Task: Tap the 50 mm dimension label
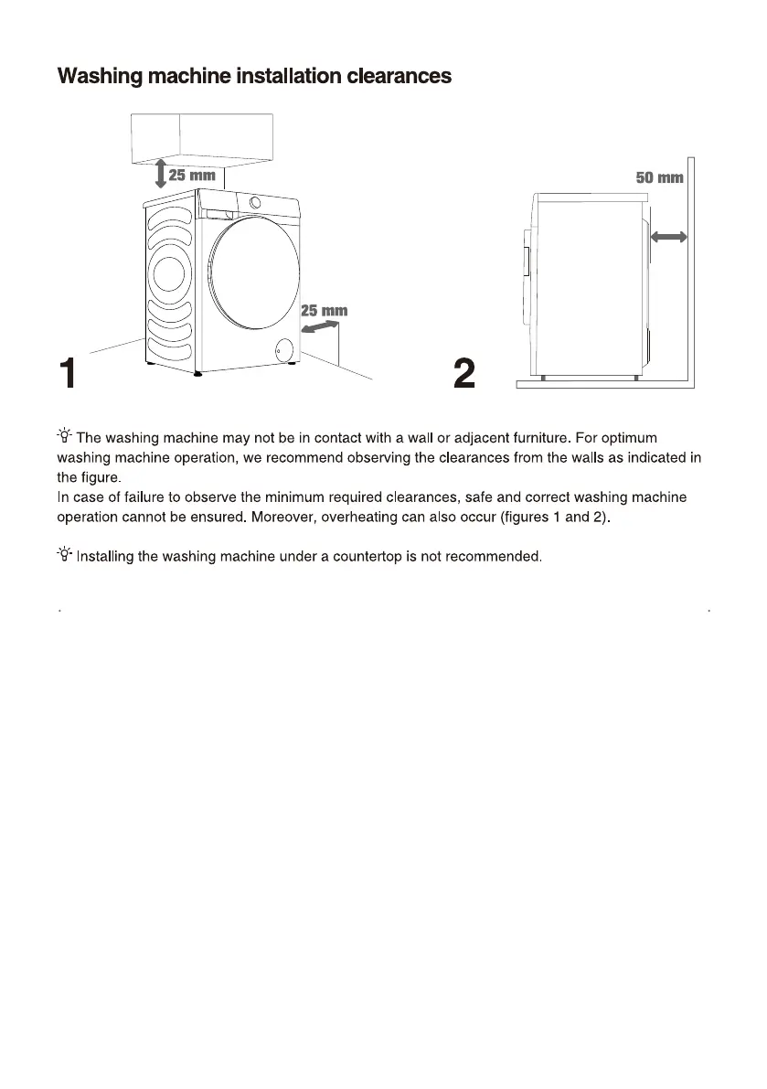pos(660,177)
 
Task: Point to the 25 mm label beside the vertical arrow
pos(192,175)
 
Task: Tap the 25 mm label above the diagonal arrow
pos(325,310)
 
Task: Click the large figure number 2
pos(464,374)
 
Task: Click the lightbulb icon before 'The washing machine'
pos(65,438)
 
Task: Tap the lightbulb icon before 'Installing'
pos(65,554)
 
